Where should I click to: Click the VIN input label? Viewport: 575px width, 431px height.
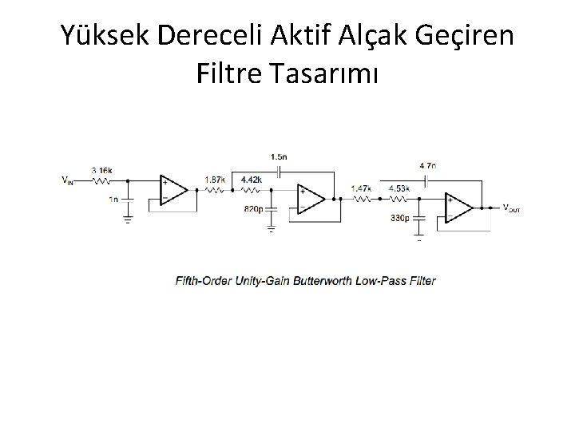(69, 180)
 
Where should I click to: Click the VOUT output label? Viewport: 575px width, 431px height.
(511, 208)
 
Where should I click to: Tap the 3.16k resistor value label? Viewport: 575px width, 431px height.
(101, 171)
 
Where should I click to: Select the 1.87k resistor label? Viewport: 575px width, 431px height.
(214, 180)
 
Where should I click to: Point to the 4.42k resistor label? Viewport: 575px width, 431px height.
(251, 180)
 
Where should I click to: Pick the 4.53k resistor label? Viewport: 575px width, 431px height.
(399, 188)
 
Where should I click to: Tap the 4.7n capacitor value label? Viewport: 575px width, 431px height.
(427, 165)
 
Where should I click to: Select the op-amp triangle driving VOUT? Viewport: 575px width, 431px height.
(459, 207)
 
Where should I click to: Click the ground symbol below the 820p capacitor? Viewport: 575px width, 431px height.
(272, 228)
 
